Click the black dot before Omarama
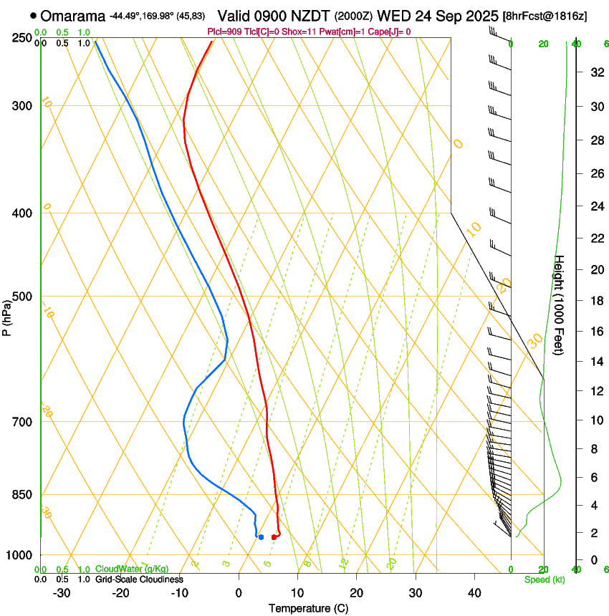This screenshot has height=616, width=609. [x=34, y=15]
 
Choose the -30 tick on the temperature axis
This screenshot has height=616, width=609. [x=62, y=593]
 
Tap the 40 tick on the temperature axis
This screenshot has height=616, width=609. [x=474, y=593]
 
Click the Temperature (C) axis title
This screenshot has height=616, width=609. [x=308, y=608]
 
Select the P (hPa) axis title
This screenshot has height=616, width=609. [x=6, y=315]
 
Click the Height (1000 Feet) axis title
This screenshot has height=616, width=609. [x=560, y=304]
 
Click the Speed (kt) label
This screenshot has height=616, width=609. [x=545, y=579]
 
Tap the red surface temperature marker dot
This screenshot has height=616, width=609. [x=274, y=537]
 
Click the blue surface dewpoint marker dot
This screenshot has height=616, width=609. [x=261, y=536]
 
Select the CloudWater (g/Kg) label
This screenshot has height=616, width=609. [x=132, y=569]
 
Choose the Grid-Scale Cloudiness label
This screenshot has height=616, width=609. [x=139, y=579]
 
